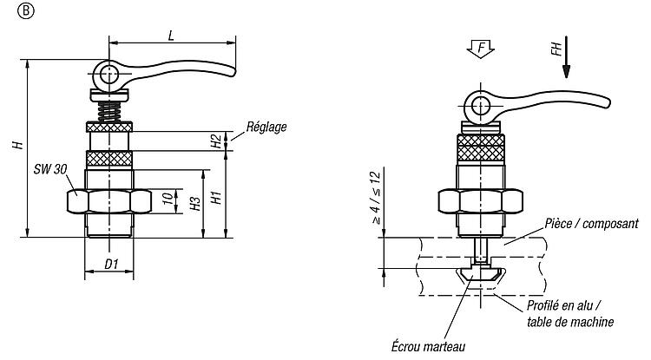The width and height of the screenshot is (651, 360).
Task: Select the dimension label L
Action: [171, 36]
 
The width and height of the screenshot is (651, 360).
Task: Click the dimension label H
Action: [18, 145]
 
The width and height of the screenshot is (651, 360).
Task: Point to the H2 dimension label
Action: [216, 141]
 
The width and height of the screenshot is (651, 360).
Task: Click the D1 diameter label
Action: [111, 265]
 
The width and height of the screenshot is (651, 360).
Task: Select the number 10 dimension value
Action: [168, 198]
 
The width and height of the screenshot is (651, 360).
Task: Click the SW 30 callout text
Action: [50, 169]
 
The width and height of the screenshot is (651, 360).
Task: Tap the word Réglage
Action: [266, 127]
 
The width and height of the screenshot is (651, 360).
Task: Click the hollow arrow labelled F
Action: [481, 49]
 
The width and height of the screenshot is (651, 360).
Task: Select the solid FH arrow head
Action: [566, 71]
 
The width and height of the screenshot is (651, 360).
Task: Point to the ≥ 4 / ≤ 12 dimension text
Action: [376, 198]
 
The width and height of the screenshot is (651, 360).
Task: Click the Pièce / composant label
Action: [592, 224]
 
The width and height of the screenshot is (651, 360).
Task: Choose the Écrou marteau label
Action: [428, 346]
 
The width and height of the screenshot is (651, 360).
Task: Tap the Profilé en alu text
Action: [563, 305]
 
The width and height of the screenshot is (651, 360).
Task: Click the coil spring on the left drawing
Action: [109, 112]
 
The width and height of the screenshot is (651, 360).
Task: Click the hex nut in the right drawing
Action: [480, 201]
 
